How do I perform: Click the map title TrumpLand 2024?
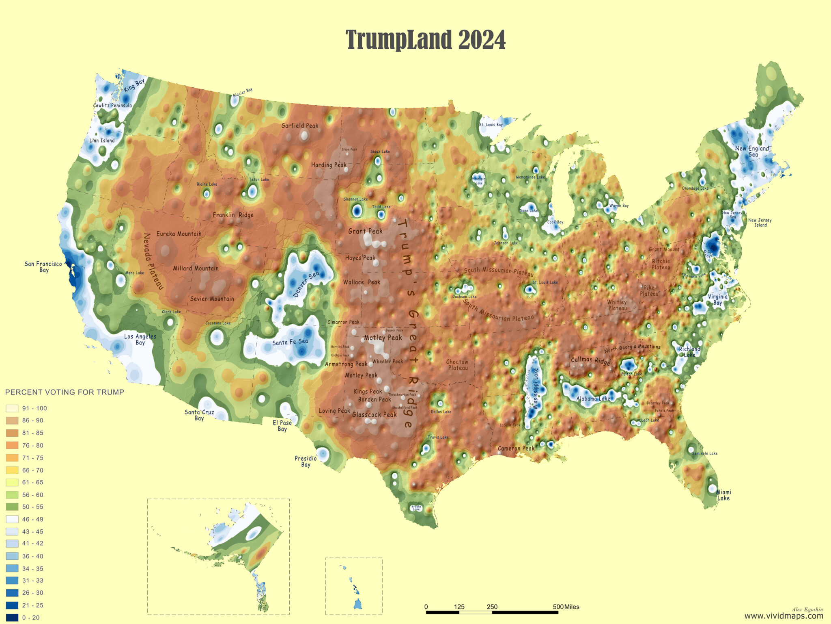426,40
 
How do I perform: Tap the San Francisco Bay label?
43,267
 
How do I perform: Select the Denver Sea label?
306,284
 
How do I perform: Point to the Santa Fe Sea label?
290,342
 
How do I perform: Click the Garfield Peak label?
300,126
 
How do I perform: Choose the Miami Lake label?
723,495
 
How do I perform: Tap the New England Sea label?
752,151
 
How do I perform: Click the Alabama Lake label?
593,399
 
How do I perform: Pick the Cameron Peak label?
516,448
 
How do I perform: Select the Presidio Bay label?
306,461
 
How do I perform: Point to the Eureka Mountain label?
179,234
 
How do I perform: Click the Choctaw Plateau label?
457,365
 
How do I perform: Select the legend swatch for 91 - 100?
12,408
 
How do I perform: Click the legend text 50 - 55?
33,507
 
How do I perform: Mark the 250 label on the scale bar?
492,607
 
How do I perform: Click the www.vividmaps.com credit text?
784,616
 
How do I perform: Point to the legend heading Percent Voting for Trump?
65,392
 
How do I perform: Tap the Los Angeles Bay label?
140,339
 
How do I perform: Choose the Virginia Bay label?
718,299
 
